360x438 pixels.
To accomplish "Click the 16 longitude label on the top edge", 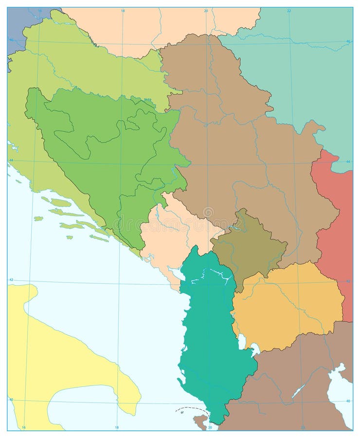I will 40,10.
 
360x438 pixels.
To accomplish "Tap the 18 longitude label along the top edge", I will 123,10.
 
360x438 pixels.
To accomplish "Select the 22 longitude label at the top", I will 288,10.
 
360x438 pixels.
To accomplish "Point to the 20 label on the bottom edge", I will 210,428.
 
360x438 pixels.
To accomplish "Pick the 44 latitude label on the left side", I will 11,161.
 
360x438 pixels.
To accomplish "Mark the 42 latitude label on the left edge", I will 11,279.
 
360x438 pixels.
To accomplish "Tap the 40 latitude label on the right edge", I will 348,401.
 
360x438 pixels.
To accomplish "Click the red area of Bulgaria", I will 336,219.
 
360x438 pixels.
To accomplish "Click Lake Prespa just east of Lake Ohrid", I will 254,349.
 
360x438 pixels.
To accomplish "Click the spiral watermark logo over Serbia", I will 208,212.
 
